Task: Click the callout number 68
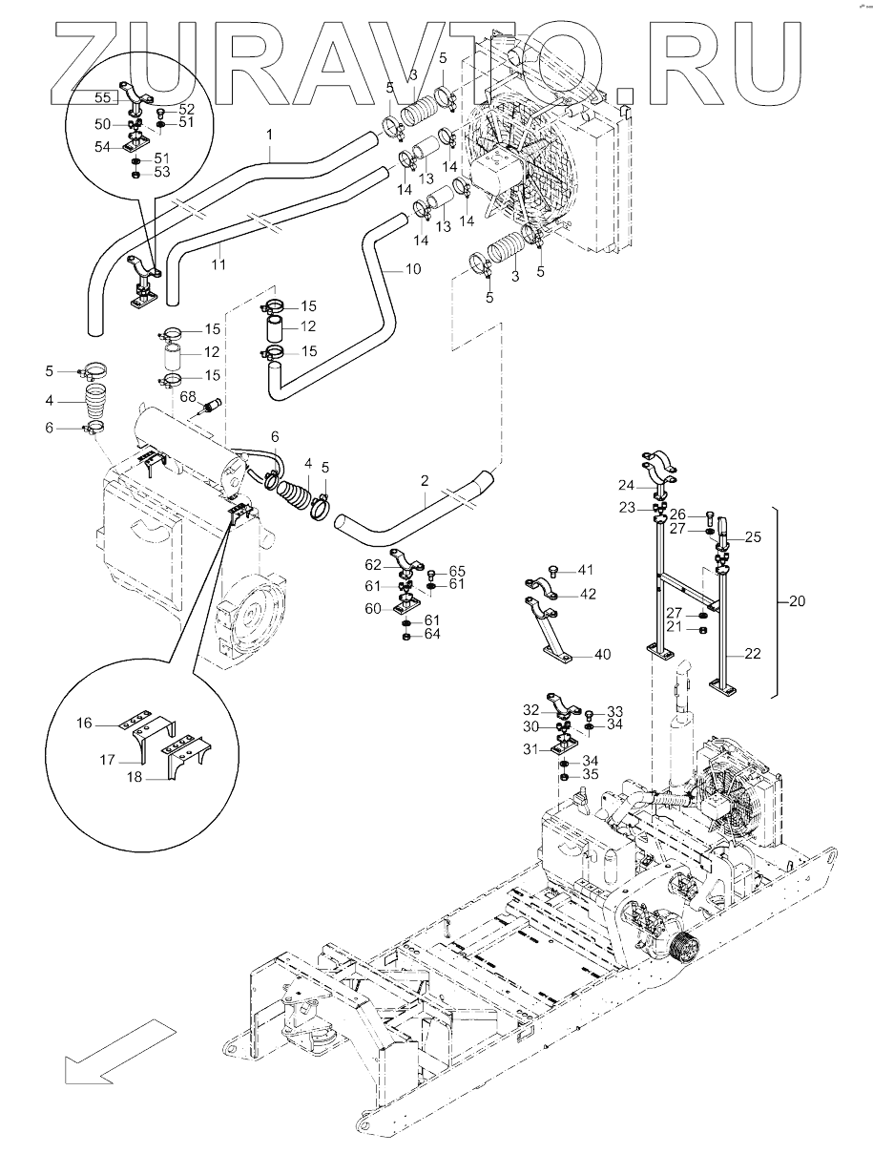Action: pos(188,396)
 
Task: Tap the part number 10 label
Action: pos(412,270)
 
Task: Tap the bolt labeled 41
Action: pos(553,570)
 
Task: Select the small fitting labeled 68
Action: pos(210,405)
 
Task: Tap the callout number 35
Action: pos(591,774)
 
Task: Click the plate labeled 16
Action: pos(138,717)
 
